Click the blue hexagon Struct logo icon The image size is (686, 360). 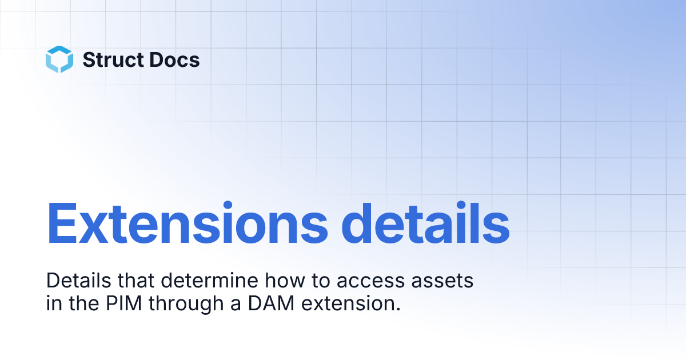click(x=59, y=59)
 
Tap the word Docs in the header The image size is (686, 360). click(x=174, y=59)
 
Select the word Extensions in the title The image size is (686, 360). click(x=187, y=223)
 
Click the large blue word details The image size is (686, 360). click(x=425, y=223)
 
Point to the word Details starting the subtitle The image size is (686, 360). click(x=79, y=281)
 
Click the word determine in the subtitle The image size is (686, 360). click(x=209, y=281)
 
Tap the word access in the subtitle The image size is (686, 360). click(x=370, y=281)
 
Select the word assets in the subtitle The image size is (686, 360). click(x=442, y=281)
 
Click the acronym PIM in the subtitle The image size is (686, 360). click(x=124, y=303)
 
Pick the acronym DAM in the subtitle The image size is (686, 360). click(x=271, y=303)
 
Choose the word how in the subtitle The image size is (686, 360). click(x=285, y=281)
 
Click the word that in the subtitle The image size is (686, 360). click(x=136, y=281)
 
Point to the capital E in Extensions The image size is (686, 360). click(x=61, y=223)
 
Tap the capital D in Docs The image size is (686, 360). click(x=157, y=59)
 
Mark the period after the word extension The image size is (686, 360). click(x=398, y=309)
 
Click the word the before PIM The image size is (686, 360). click(x=84, y=303)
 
